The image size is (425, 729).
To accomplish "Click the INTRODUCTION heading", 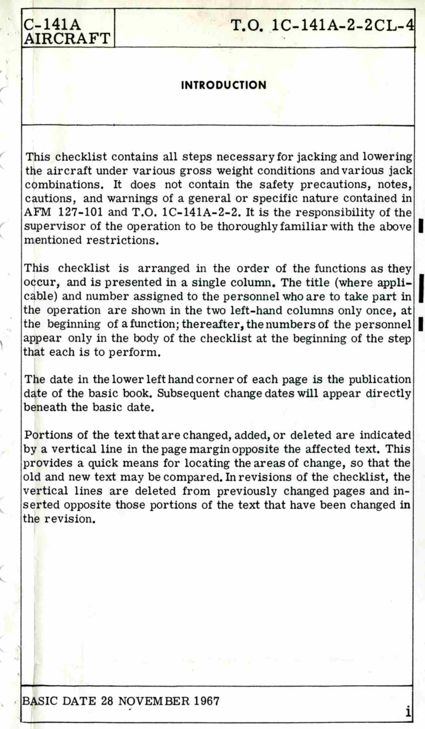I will click(224, 85).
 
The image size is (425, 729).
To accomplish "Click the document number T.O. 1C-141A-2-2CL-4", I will click(322, 26).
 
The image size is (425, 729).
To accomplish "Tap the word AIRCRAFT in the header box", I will click(67, 39).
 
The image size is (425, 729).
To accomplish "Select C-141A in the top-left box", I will click(53, 25).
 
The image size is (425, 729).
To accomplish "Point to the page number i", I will click(408, 712).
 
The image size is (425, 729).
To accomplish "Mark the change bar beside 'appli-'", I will click(421, 289).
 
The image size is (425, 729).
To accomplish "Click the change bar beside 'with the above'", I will click(421, 226).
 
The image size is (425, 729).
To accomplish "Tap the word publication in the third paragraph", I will click(380, 379).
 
